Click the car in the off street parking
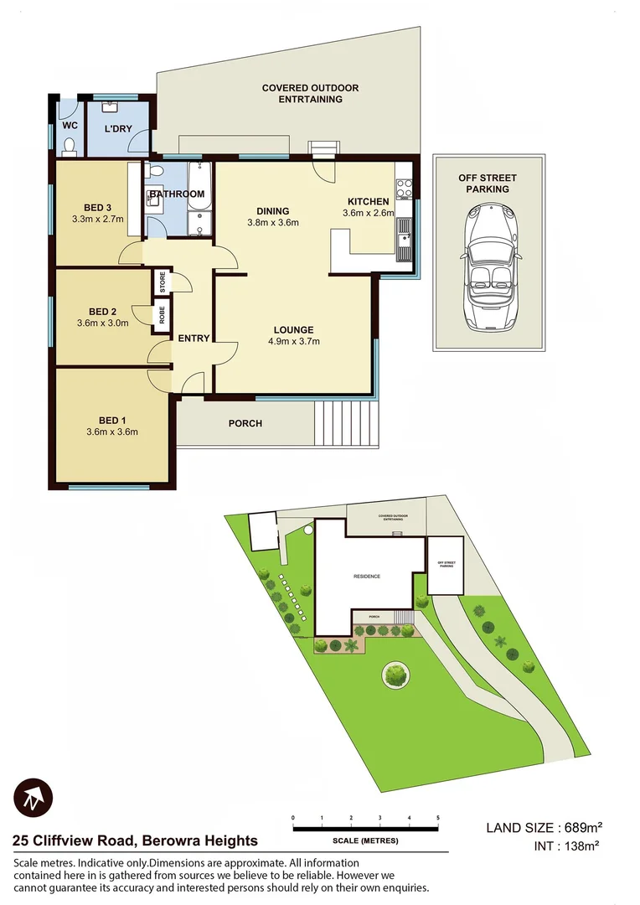pos(488,265)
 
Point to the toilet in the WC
pos(70,147)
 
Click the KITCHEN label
pos(368,201)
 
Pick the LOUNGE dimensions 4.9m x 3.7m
pos(293,341)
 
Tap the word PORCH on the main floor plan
pos(245,423)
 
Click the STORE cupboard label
pos(163,282)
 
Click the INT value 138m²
pos(578,846)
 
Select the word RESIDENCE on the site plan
pos(366,577)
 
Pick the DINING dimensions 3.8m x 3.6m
pos(273,223)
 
